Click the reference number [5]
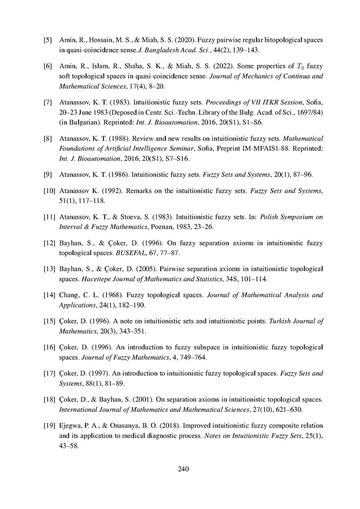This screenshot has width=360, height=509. click(x=49, y=41)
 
